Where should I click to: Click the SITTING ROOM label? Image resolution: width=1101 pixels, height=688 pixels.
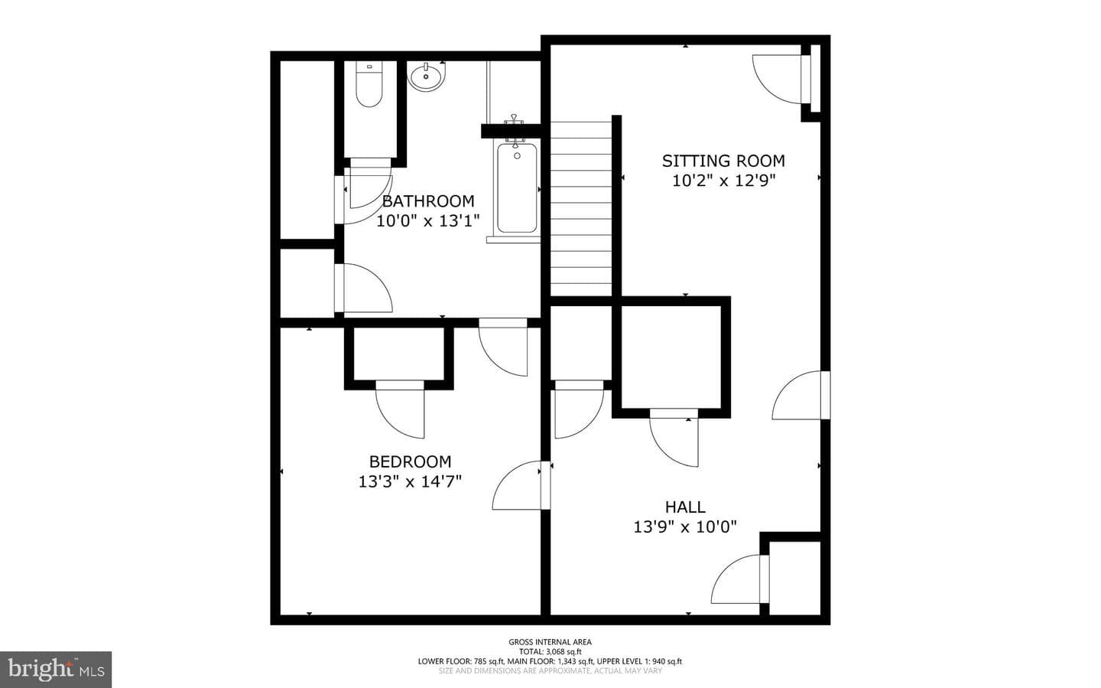[x=723, y=161]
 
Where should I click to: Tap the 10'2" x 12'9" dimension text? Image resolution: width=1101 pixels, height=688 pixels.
[x=723, y=181]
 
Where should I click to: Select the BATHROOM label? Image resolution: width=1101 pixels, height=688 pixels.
[x=428, y=201]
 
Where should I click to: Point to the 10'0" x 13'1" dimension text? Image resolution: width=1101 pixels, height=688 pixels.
[x=427, y=220]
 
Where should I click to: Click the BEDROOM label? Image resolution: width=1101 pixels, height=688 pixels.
[x=410, y=461]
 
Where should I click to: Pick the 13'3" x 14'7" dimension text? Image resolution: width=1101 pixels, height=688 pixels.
[x=410, y=481]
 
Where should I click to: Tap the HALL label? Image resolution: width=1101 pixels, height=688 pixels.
[x=685, y=507]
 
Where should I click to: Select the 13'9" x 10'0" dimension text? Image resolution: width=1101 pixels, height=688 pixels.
[x=685, y=527]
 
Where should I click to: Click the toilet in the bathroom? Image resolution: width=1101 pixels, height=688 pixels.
[x=369, y=85]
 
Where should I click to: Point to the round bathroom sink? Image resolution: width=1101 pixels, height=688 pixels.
[x=426, y=77]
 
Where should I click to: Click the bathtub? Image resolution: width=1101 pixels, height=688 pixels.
[x=517, y=187]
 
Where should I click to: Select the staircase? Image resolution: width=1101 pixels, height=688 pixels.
[x=580, y=209]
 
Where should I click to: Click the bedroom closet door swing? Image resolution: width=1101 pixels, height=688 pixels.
[x=400, y=409]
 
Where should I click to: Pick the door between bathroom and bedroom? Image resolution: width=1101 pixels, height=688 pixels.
[x=503, y=347]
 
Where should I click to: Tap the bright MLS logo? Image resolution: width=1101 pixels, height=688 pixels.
[x=56, y=670]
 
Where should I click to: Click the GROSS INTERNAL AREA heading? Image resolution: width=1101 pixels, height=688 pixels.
[x=550, y=642]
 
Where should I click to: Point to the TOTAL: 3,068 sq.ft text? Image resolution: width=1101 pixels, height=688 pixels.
[x=550, y=651]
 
